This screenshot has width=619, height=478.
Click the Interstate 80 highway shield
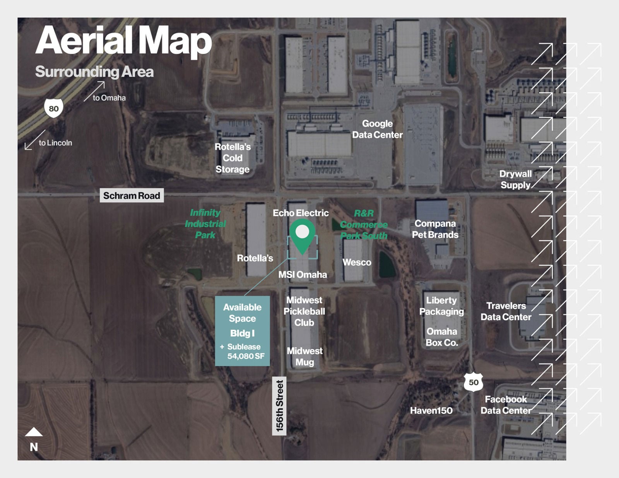(x=53, y=108)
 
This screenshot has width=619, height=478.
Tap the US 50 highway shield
(x=473, y=382)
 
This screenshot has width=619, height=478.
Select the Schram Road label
(x=132, y=196)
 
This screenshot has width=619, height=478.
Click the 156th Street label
(x=279, y=406)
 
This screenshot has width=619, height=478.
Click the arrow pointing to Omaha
(x=94, y=91)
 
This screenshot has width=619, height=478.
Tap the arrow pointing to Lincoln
(x=35, y=140)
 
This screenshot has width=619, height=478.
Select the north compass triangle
(x=34, y=432)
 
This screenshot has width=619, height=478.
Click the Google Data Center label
(x=377, y=129)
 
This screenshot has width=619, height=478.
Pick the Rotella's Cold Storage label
(x=233, y=158)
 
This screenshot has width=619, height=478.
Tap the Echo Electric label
(x=301, y=213)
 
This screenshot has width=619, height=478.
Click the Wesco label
(x=357, y=262)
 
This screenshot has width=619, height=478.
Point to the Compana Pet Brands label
(x=435, y=229)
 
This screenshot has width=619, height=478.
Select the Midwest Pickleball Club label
(x=304, y=311)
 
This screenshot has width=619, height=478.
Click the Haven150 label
(x=431, y=410)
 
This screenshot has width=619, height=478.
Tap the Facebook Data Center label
(x=506, y=405)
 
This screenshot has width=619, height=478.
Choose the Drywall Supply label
(x=516, y=179)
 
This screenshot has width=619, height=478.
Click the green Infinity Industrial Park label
(x=205, y=224)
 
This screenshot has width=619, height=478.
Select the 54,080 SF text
(x=246, y=356)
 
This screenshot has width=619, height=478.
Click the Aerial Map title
(x=124, y=41)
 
